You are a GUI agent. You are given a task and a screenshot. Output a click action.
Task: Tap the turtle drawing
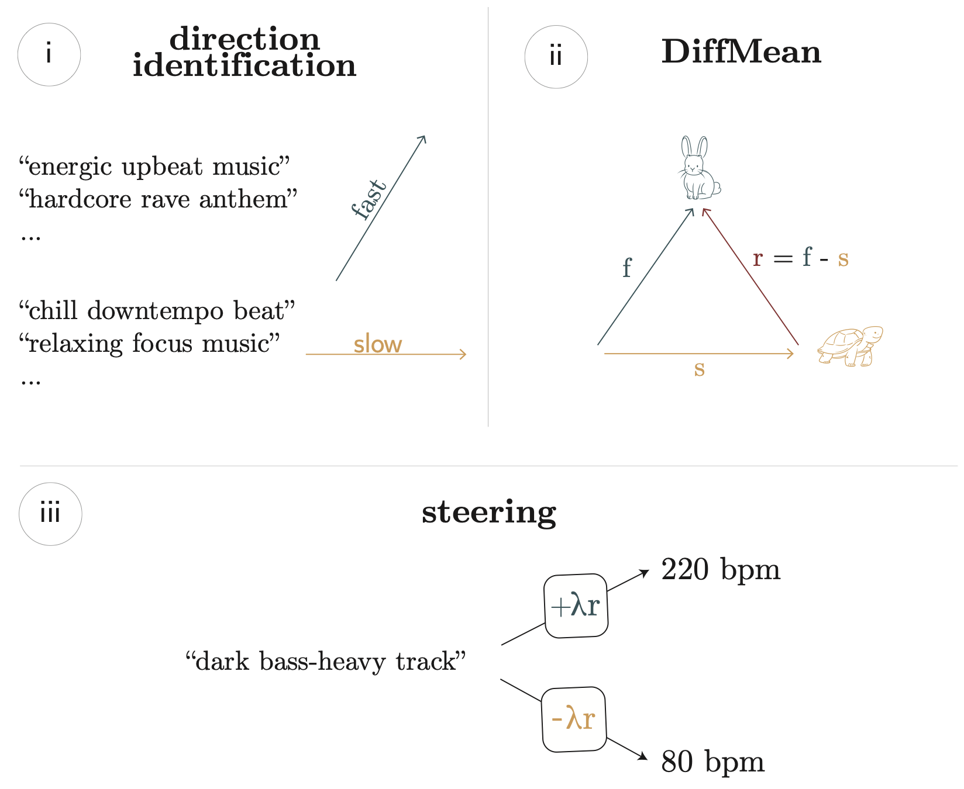pyautogui.click(x=849, y=346)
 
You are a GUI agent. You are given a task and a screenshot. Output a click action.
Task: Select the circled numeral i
pyautogui.click(x=49, y=55)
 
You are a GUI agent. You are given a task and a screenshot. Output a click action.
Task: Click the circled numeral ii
pyautogui.click(x=556, y=57)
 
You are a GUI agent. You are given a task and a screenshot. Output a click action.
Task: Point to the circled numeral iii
pyautogui.click(x=50, y=514)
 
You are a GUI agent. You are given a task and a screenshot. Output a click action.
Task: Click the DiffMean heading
pyautogui.click(x=741, y=53)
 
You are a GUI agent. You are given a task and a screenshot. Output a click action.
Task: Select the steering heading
pyautogui.click(x=489, y=513)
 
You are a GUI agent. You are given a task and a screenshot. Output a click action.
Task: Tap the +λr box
pyautogui.click(x=576, y=606)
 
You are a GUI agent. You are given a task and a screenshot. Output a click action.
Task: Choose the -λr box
pyautogui.click(x=573, y=719)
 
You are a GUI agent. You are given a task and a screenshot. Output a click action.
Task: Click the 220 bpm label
pyautogui.click(x=721, y=570)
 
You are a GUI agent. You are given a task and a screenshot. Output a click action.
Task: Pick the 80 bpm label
pyautogui.click(x=712, y=762)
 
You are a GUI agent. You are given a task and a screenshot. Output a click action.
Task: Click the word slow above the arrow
pyautogui.click(x=378, y=345)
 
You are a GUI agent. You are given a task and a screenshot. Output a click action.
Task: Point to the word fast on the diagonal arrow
pyautogui.click(x=370, y=200)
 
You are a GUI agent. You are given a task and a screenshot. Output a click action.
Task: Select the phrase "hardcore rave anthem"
pyautogui.click(x=158, y=200)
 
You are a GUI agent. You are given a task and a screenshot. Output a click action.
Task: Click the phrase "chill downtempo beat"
pyautogui.click(x=157, y=311)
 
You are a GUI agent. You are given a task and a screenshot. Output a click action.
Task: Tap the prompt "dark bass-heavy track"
pyautogui.click(x=326, y=662)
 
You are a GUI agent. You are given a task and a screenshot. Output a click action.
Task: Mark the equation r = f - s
pyautogui.click(x=800, y=258)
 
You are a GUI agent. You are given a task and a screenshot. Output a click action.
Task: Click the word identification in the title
pyautogui.click(x=245, y=65)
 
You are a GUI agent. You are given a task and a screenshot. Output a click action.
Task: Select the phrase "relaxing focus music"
pyautogui.click(x=149, y=344)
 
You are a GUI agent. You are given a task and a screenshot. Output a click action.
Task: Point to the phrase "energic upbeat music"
pyautogui.click(x=154, y=167)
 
